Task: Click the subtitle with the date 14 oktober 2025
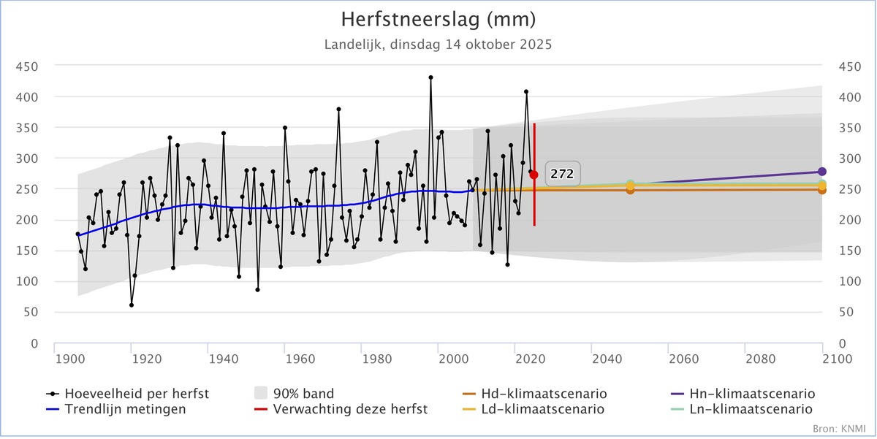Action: [438, 44]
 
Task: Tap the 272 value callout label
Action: [562, 174]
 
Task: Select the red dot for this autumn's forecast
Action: [534, 175]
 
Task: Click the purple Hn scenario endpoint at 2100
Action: [821, 172]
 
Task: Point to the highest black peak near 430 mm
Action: [430, 77]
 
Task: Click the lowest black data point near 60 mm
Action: [132, 305]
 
